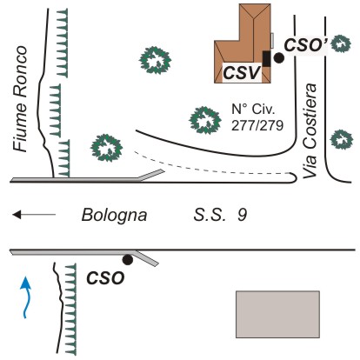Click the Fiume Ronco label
20,98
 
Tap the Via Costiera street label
310,131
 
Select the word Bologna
114,216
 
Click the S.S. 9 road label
220,215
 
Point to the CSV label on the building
242,72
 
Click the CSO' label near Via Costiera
306,45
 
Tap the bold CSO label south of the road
105,278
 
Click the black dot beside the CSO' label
279,58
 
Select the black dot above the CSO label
128,259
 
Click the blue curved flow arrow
27,297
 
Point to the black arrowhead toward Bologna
17,215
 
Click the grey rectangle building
277,315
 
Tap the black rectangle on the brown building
267,58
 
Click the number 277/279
257,126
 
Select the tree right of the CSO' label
341,43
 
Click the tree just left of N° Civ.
205,120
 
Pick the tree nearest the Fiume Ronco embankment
106,148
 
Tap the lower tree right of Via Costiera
342,139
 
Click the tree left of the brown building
155,60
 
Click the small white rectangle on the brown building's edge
272,40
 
